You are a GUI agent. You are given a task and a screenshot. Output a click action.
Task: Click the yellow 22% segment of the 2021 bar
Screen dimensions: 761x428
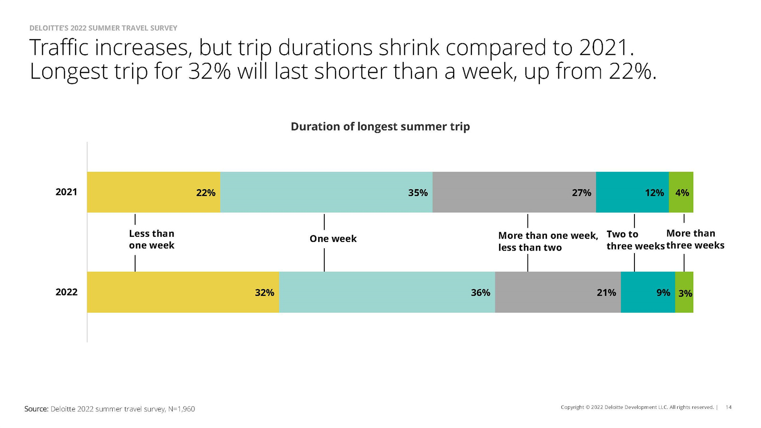click(x=154, y=192)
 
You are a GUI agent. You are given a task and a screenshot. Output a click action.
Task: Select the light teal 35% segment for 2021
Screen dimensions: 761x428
click(x=326, y=192)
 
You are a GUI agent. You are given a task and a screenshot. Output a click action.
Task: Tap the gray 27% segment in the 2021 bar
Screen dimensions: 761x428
click(x=514, y=192)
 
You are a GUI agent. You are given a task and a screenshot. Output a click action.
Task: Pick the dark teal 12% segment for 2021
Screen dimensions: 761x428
click(x=632, y=192)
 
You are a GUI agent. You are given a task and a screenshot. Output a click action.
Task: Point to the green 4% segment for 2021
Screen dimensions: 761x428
click(x=681, y=192)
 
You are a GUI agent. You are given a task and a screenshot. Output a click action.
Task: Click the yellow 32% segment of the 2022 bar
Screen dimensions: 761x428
click(x=183, y=292)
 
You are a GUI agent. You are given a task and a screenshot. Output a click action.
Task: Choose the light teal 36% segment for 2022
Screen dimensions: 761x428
click(x=387, y=292)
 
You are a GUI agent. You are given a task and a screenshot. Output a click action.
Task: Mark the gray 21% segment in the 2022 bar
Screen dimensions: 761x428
click(x=558, y=292)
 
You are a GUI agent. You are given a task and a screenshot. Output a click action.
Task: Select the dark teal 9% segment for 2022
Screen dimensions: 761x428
click(x=648, y=292)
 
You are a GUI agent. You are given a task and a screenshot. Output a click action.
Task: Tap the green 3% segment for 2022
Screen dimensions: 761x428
click(x=684, y=292)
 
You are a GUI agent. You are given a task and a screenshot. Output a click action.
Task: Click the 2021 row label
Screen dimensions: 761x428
click(x=66, y=192)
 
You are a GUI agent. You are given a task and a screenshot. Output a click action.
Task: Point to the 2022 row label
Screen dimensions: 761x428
click(x=66, y=292)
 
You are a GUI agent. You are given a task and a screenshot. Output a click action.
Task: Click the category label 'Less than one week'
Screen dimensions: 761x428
click(x=152, y=240)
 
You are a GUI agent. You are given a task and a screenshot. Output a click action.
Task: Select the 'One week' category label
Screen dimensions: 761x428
click(x=333, y=239)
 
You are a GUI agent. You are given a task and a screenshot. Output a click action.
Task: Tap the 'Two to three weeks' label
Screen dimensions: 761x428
click(x=635, y=240)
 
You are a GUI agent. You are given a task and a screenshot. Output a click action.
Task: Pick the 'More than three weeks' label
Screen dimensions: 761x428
click(x=695, y=239)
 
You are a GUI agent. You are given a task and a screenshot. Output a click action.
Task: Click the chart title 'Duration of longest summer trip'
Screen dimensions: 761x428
click(x=380, y=126)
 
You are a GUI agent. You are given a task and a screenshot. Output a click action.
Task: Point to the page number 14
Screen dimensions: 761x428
click(x=728, y=407)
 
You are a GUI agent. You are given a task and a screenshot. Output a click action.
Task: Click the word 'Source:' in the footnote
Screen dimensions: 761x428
click(x=36, y=409)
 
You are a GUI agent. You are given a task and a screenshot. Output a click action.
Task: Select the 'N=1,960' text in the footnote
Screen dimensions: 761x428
click(x=181, y=409)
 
